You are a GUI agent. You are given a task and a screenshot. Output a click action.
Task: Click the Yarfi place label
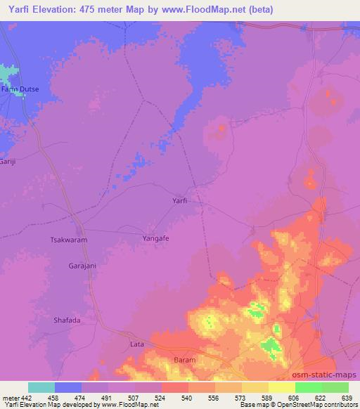180,200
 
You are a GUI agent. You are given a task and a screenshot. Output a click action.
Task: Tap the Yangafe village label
157,238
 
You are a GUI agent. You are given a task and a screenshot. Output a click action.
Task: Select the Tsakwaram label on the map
67,239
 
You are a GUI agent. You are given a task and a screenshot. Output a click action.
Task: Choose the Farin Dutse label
20,89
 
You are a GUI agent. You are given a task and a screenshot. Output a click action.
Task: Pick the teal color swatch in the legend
41,387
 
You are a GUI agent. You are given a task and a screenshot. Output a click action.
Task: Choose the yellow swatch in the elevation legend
281,387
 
